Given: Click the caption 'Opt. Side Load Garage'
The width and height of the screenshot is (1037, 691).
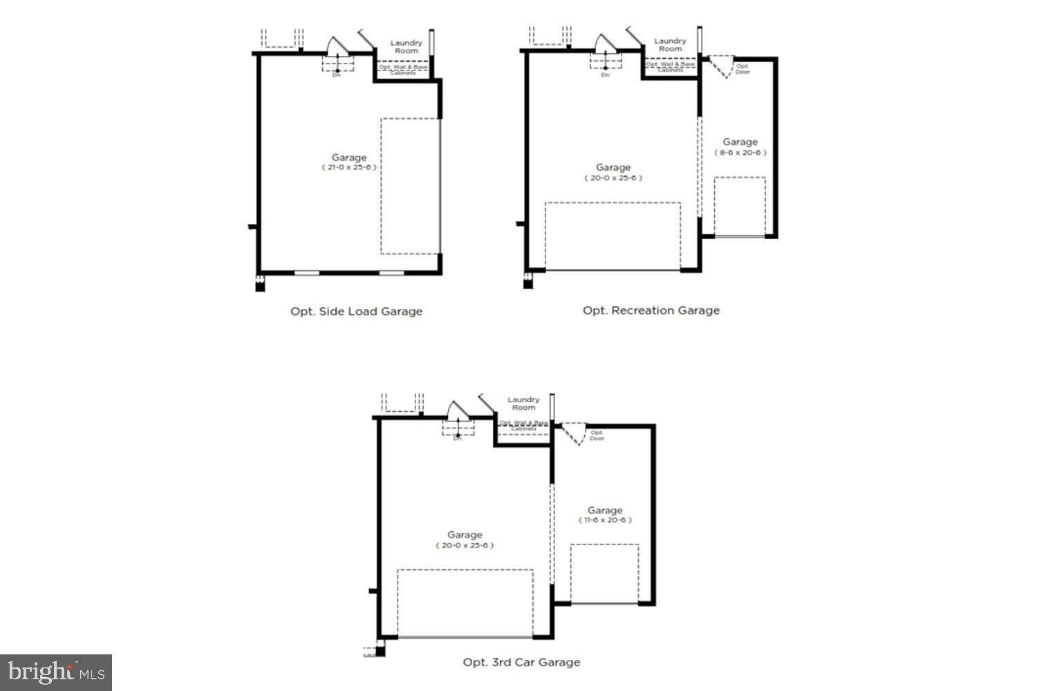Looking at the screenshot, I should (356, 311).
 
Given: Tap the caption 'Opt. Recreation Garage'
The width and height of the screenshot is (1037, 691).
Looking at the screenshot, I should (651, 310).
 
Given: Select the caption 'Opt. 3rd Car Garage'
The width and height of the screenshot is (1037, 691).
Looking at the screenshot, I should (521, 662).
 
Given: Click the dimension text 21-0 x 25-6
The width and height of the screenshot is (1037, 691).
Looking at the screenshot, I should (348, 167).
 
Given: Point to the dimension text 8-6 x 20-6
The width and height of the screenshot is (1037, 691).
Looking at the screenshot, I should (740, 153).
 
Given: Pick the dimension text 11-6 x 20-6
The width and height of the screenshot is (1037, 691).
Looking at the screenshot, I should (605, 520).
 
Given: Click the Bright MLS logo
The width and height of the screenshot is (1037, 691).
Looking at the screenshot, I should (56, 672).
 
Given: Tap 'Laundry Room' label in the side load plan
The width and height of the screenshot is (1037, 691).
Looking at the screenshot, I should (406, 47).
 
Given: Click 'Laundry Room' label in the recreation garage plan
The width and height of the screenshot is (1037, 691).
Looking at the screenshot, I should (670, 45).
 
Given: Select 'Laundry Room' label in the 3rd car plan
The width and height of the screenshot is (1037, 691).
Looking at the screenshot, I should (523, 404).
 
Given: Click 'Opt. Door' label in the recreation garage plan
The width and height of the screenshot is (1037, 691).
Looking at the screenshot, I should (742, 69).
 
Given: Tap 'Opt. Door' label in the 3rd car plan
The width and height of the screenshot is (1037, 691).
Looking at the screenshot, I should (597, 435).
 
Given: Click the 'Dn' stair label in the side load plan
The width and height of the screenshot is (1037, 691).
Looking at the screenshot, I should (337, 75).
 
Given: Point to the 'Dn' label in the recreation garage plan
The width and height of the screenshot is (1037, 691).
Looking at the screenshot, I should (606, 75).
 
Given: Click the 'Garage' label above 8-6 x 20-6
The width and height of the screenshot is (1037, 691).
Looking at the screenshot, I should (740, 142).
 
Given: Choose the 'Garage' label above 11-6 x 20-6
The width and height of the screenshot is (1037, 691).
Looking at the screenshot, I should (605, 510).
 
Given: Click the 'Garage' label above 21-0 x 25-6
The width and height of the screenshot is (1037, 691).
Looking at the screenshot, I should (348, 157).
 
